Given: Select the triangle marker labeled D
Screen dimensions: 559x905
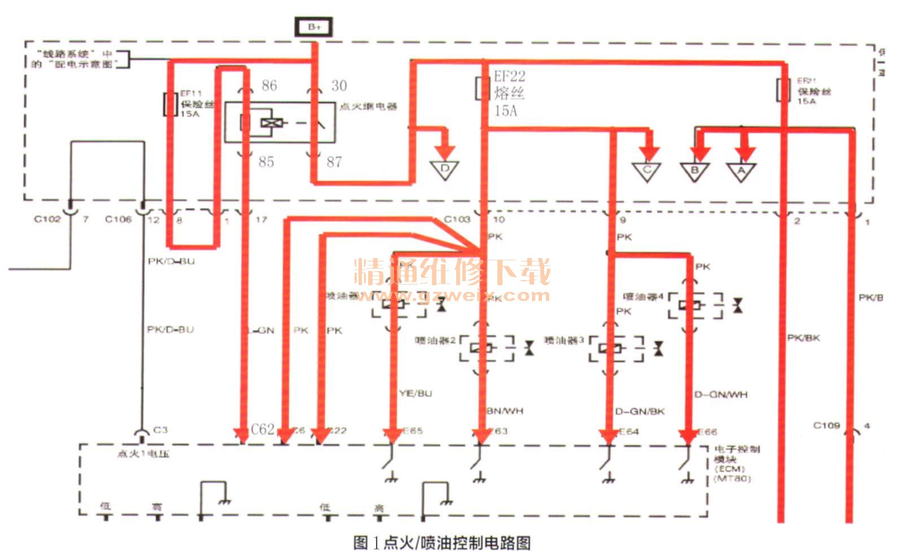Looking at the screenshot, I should (x=444, y=169).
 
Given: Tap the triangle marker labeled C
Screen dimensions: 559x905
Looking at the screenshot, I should (x=648, y=169).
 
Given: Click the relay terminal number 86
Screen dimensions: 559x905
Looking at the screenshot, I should (x=269, y=85).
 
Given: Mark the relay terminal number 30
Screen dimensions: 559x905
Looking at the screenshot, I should (x=339, y=85).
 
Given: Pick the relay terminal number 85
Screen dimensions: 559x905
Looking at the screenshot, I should (x=266, y=162).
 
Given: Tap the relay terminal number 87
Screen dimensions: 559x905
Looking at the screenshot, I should (x=334, y=162).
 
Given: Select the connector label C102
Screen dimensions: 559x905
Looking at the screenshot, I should (x=47, y=219).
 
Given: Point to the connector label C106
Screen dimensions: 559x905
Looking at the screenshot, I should (x=118, y=219).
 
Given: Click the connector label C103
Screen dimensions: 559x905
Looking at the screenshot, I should (x=457, y=219).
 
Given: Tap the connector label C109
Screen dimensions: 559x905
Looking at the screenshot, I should (x=827, y=425).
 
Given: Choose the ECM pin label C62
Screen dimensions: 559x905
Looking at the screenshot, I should (x=263, y=430).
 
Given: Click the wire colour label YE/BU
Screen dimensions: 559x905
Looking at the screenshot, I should (x=416, y=394).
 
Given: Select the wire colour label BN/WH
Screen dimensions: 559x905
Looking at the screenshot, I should (x=505, y=410).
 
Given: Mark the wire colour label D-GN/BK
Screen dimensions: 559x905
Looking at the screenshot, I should (x=640, y=412).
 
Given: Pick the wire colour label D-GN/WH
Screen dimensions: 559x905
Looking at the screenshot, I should (x=720, y=395).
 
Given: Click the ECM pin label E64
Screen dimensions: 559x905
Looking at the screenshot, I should (x=629, y=431).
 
